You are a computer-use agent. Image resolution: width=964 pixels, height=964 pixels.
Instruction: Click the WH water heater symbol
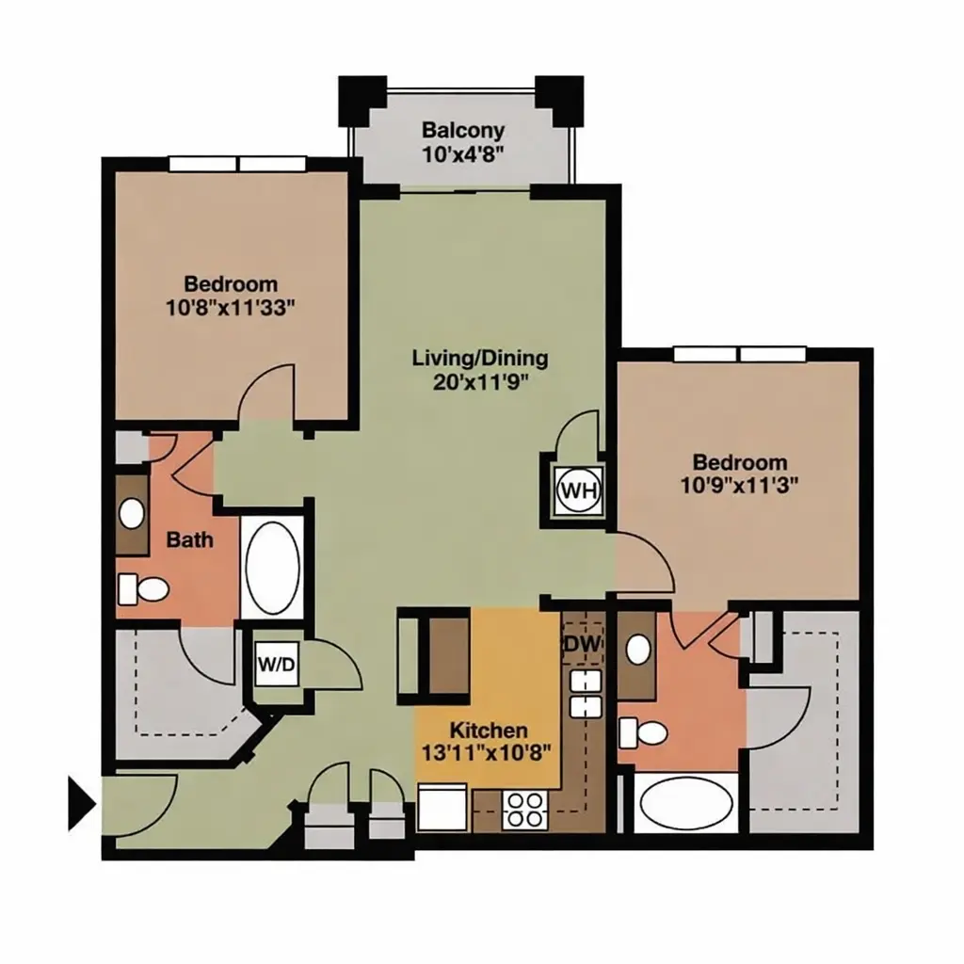point(579,490)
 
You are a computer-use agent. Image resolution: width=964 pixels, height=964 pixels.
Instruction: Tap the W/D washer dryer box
point(277,664)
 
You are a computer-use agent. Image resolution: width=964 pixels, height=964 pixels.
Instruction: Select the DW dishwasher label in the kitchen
point(581,644)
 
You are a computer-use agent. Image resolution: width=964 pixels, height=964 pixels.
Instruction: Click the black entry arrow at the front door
point(82,804)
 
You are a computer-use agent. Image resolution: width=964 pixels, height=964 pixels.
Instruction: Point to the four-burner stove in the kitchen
point(524,810)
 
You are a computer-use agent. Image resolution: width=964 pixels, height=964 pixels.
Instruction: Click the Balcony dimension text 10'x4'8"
point(463,153)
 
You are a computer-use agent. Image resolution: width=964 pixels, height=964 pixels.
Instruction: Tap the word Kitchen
point(489,731)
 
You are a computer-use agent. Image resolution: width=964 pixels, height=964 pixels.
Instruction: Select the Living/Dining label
point(480,357)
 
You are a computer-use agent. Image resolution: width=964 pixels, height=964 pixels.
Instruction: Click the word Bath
point(190,539)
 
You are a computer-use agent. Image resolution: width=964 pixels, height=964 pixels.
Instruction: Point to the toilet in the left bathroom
point(143,589)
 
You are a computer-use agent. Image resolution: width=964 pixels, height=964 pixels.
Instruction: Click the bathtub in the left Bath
point(272,568)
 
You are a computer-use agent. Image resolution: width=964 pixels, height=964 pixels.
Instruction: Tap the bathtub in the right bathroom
point(686,803)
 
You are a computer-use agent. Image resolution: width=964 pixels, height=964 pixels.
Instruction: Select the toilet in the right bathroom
point(642,732)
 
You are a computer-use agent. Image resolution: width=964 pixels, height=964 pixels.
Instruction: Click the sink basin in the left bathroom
point(132,513)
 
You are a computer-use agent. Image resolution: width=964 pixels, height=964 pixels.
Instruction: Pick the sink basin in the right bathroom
point(639,650)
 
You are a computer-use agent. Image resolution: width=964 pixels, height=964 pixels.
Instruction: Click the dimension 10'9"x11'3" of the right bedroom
point(739,486)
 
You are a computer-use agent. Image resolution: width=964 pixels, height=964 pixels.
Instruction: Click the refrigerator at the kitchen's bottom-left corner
point(442,807)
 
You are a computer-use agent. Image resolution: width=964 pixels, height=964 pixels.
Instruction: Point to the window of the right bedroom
point(740,355)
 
